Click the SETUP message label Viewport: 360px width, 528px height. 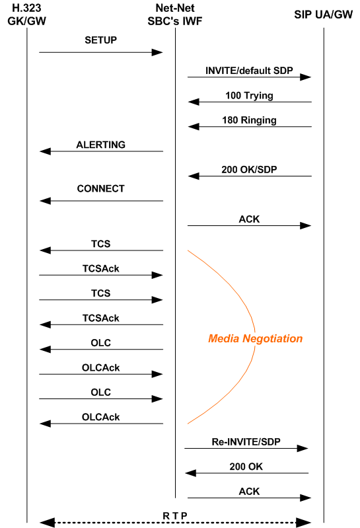pyautogui.click(x=100, y=40)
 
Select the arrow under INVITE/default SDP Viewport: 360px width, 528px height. pyautogui.click(x=249, y=77)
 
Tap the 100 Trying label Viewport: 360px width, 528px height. pyautogui.click(x=249, y=95)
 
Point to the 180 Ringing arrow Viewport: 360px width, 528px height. pyautogui.click(x=249, y=126)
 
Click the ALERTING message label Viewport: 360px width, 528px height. pyautogui.click(x=100, y=145)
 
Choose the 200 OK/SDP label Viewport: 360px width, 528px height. pyautogui.click(x=249, y=169)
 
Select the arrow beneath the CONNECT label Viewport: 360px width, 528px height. pyautogui.click(x=101, y=201)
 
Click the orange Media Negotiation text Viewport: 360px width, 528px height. pyautogui.click(x=255, y=338)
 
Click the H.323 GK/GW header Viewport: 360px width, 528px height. pyautogui.click(x=26, y=14)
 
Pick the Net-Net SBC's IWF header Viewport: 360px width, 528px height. pyautogui.click(x=175, y=14)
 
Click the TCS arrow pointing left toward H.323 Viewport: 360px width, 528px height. pyautogui.click(x=101, y=250)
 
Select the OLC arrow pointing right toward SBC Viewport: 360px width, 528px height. pyautogui.click(x=101, y=399)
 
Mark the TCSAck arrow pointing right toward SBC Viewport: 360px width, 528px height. pyautogui.click(x=101, y=275)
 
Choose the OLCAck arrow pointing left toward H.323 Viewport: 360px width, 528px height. pyautogui.click(x=101, y=424)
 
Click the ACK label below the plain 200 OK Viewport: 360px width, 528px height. pyautogui.click(x=249, y=492)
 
